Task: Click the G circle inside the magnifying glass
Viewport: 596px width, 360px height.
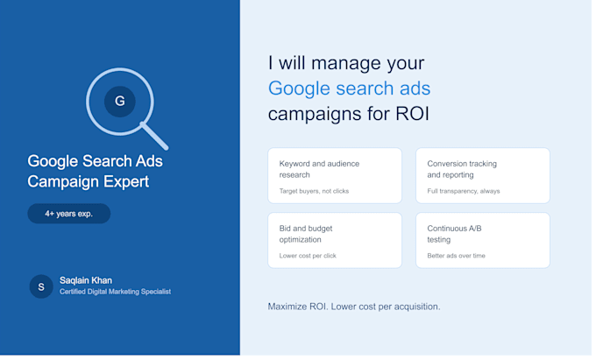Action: click(x=120, y=102)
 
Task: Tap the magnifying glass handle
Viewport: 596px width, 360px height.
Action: click(x=154, y=136)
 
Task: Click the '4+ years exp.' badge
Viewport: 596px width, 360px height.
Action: click(x=68, y=214)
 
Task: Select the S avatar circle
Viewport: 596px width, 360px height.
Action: click(x=41, y=286)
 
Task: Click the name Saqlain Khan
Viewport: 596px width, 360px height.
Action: click(x=86, y=280)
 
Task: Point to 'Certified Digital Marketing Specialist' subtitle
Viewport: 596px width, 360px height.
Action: click(x=115, y=292)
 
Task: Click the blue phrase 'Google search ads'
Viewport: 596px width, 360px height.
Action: click(x=349, y=88)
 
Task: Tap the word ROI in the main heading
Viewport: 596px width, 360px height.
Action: click(x=413, y=114)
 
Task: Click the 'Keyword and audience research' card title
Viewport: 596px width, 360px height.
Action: click(x=319, y=169)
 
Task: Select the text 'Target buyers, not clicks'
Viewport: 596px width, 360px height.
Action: click(x=314, y=191)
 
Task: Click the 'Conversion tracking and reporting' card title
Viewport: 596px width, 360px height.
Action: click(x=462, y=169)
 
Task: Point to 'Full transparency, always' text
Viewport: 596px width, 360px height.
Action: click(x=464, y=191)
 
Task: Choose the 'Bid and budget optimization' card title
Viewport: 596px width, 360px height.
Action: click(x=306, y=234)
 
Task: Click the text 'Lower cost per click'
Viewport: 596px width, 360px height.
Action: click(x=308, y=256)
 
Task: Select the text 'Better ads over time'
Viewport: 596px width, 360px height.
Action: click(x=456, y=256)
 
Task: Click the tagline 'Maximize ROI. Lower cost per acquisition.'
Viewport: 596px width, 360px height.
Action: click(x=354, y=307)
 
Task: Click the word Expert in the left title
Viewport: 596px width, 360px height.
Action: click(x=126, y=182)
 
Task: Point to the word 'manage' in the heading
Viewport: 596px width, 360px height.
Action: click(x=346, y=63)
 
